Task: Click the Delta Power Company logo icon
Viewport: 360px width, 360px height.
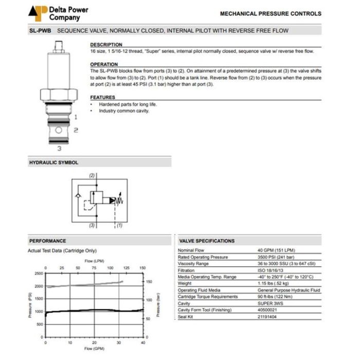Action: (38, 12)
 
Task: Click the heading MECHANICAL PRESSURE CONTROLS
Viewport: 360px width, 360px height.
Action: (271, 14)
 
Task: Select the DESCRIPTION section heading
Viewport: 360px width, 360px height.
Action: (106, 45)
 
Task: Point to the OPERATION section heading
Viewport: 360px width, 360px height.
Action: (104, 64)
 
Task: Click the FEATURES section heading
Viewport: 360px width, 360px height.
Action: (103, 97)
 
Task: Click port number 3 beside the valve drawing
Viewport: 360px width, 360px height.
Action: (60, 149)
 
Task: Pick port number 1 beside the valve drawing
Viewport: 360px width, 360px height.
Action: (75, 117)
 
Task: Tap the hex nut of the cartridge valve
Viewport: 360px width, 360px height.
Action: (59, 95)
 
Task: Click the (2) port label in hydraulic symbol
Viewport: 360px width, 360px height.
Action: (92, 175)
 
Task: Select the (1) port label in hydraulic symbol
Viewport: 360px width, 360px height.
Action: (119, 225)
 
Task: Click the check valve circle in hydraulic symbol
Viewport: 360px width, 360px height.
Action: (77, 196)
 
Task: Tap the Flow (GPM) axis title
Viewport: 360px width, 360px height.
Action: (94, 348)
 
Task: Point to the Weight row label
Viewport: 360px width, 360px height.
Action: (185, 283)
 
